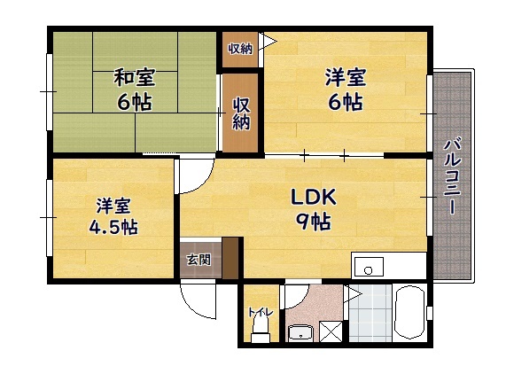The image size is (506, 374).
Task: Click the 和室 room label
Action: [x=134, y=77]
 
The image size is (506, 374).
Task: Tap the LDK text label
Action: [x=314, y=197]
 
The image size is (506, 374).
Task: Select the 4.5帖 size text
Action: [x=113, y=227]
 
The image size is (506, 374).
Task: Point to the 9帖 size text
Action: [x=314, y=222]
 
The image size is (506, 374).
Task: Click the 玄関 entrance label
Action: [x=199, y=260]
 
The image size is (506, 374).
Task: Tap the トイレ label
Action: [x=261, y=312]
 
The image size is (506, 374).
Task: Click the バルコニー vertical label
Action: [x=453, y=176]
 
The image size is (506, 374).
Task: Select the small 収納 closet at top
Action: [x=240, y=50]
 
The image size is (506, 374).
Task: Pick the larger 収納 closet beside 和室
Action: [x=241, y=113]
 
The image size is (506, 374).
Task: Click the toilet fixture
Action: [x=261, y=329]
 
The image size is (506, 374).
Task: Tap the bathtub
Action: [x=409, y=312]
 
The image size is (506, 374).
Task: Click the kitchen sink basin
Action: [x=369, y=267]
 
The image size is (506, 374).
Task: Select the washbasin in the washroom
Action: [x=300, y=332]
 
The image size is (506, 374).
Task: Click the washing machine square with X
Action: [x=331, y=331]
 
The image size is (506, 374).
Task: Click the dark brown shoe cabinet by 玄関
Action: [x=230, y=259]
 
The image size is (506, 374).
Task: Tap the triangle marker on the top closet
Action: [x=268, y=42]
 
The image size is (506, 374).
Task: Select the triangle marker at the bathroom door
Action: [x=352, y=294]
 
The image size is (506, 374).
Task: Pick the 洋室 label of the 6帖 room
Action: [x=346, y=77]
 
